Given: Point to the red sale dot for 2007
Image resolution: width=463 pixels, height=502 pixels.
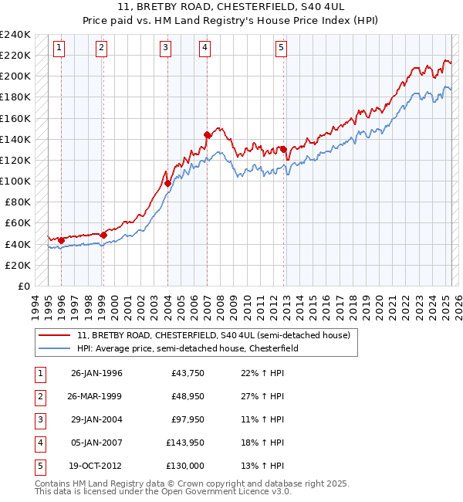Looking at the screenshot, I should tap(207, 135).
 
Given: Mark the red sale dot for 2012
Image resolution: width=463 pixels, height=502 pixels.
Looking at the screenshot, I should tap(283, 149).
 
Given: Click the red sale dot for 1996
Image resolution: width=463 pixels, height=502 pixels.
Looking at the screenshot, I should tap(61, 240).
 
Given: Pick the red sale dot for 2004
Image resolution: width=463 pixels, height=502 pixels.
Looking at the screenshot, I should tap(167, 183).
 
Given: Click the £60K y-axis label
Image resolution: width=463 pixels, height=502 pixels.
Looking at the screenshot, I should tap(18, 223).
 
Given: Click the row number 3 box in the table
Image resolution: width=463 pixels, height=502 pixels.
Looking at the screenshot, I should tap(39, 419).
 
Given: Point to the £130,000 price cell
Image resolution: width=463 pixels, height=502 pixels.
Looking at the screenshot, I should tap(185, 466).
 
